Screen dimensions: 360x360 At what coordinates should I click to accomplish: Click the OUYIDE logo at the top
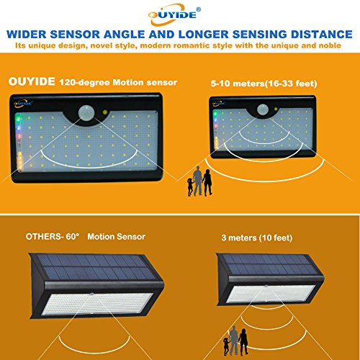(174, 14)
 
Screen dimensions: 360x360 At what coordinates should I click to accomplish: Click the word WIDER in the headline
(27, 35)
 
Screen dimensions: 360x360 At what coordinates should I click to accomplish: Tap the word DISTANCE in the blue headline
(322, 35)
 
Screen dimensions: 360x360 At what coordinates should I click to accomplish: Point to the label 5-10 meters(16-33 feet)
(264, 84)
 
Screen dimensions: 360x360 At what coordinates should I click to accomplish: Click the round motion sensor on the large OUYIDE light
(86, 112)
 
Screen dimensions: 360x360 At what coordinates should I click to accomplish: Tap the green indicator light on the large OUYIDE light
(18, 119)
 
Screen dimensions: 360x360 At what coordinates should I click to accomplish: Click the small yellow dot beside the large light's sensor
(105, 112)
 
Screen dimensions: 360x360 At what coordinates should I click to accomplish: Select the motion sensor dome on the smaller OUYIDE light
(263, 109)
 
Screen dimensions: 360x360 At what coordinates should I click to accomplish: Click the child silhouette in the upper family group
(190, 187)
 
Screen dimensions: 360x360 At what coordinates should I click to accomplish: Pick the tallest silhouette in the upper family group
(198, 181)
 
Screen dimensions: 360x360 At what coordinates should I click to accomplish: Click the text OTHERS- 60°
(53, 237)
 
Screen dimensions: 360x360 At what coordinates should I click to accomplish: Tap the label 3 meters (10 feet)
(257, 238)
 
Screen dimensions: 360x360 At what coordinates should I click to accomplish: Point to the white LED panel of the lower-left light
(97, 304)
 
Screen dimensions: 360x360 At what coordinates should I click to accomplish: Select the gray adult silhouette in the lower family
(233, 341)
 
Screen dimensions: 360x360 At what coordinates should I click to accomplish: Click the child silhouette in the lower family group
(226, 346)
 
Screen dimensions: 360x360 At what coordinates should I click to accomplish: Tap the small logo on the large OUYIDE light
(23, 104)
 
